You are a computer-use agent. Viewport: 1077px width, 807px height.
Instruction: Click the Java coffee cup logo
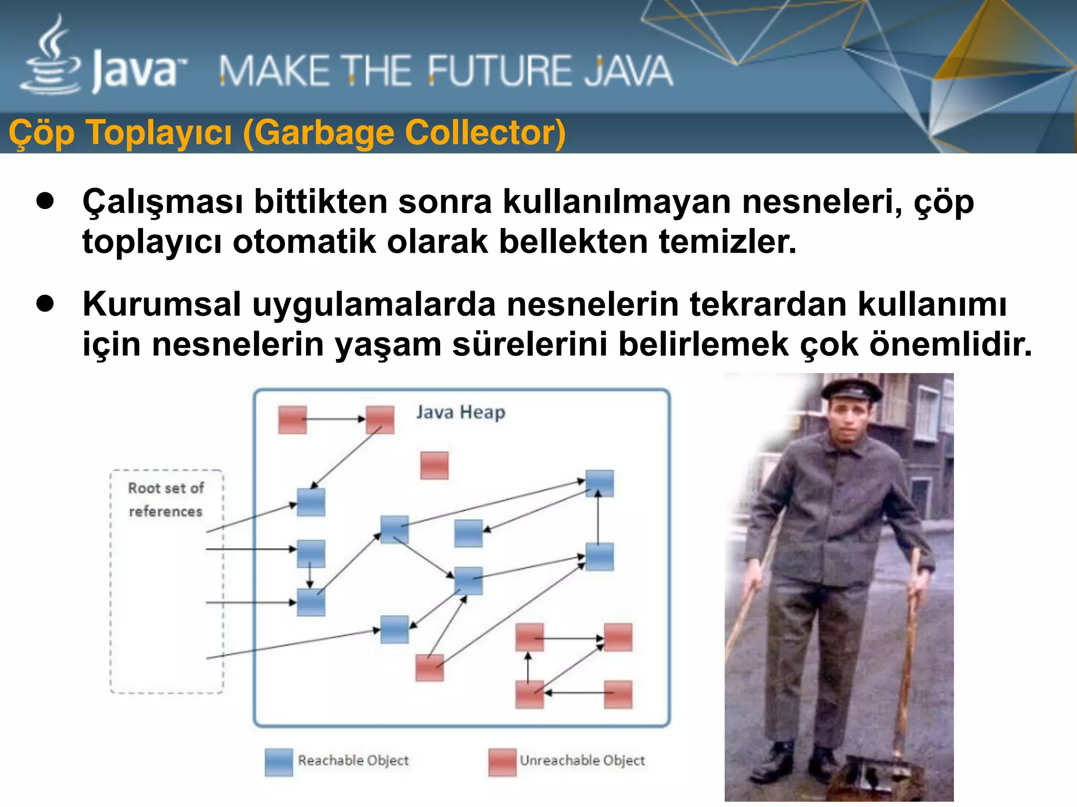(x=52, y=58)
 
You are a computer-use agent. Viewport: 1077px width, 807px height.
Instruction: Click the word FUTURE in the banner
(x=497, y=71)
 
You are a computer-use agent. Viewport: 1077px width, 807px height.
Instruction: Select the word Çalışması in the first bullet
(x=162, y=202)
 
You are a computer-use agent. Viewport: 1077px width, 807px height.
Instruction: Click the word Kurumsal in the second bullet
(x=161, y=305)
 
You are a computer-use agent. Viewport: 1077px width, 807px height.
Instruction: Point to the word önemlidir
(x=950, y=345)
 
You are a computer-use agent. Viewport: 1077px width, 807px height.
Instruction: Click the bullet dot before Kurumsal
(x=46, y=304)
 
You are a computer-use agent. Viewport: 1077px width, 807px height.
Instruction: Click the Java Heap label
(x=460, y=412)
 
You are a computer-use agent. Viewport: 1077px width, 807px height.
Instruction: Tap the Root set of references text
(x=166, y=499)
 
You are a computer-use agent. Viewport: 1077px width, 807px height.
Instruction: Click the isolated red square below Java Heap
(x=434, y=465)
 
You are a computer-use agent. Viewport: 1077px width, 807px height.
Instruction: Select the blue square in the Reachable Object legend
(x=279, y=762)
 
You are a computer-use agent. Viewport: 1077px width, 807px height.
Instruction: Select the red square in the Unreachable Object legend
(x=502, y=762)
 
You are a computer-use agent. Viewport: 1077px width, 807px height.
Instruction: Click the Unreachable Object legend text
(x=582, y=761)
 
